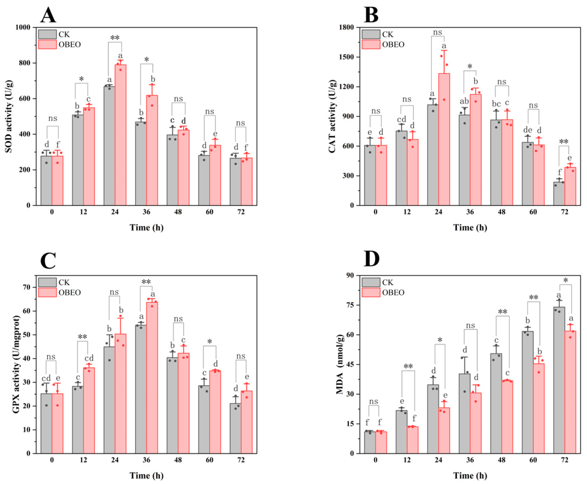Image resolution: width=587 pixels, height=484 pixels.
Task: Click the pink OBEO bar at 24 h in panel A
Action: coord(120,135)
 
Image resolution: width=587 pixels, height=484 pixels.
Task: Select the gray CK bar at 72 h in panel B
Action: coord(559,194)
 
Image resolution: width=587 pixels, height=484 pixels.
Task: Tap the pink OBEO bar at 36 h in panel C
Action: coord(152,378)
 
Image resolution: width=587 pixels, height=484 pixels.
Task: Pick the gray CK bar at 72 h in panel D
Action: coord(559,380)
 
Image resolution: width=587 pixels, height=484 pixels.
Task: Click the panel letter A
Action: coord(48,15)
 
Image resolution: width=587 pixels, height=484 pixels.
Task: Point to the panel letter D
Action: coord(372,259)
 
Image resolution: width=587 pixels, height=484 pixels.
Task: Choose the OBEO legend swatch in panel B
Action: coord(371,44)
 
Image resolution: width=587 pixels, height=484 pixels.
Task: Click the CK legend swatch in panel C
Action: coord(47,282)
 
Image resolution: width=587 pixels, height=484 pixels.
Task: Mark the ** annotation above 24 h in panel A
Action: coord(115,38)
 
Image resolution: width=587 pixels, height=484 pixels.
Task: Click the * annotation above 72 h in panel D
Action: coord(565,280)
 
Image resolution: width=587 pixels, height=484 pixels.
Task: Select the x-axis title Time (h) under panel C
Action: coord(147,475)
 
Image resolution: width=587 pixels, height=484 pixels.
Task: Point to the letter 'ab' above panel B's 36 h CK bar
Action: coord(463,101)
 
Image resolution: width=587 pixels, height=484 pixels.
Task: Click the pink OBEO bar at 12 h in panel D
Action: coord(412,440)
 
